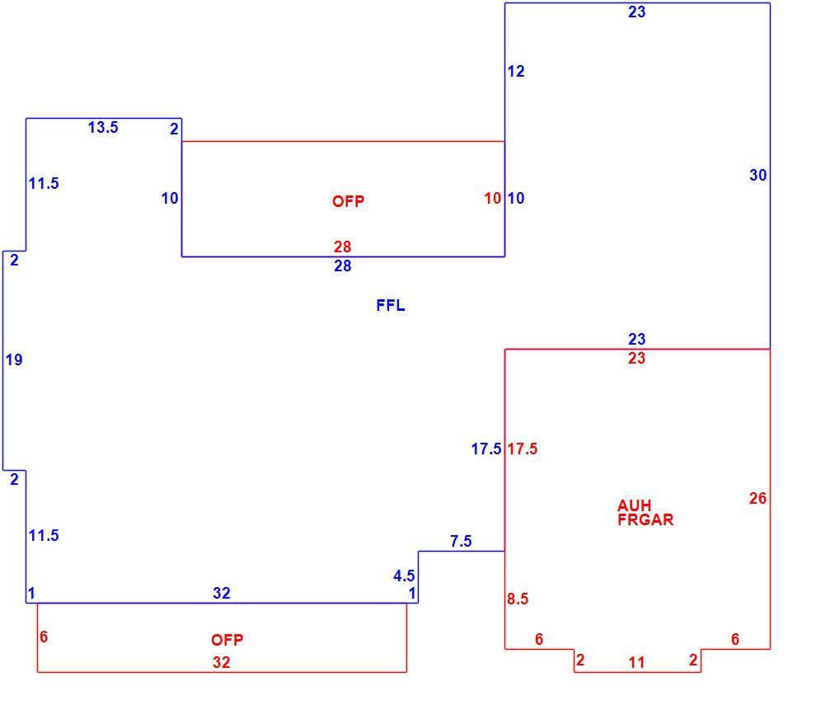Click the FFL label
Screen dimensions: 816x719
point(391,305)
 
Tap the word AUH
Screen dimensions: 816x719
point(634,505)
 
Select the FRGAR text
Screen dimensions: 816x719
point(645,519)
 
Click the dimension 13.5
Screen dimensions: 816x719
point(103,127)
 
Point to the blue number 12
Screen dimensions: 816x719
point(516,72)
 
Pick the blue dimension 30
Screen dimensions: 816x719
point(757,175)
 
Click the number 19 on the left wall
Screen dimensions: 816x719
point(14,359)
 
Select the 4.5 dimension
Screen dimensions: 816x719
point(404,576)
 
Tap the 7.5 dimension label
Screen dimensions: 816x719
point(461,541)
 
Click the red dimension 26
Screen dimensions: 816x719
point(757,498)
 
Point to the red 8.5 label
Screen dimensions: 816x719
point(518,599)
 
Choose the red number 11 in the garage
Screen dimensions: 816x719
point(636,662)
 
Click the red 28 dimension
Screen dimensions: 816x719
point(342,247)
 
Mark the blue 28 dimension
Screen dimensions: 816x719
point(342,266)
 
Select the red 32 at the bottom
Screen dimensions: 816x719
point(221,662)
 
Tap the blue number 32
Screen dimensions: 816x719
point(221,593)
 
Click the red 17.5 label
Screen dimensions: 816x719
point(523,449)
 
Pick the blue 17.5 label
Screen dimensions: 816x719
point(486,449)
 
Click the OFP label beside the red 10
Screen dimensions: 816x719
point(348,201)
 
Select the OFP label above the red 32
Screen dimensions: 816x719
point(227,639)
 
